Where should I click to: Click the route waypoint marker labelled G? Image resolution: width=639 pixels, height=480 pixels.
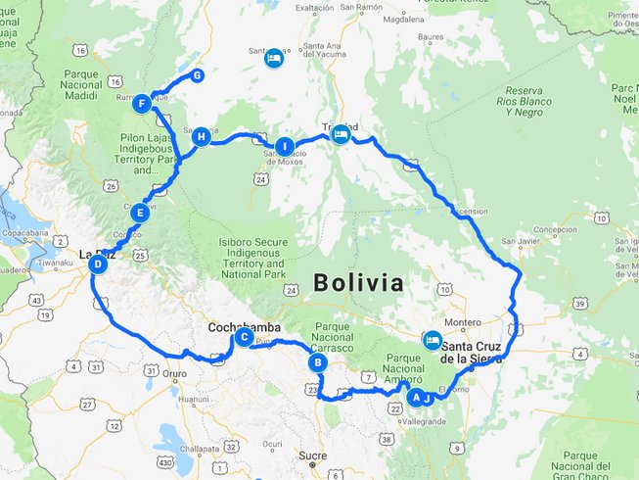pyautogui.click(x=198, y=75)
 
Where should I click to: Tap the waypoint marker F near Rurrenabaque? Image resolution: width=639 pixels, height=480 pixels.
pyautogui.click(x=144, y=102)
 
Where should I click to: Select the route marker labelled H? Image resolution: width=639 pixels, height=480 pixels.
pyautogui.click(x=202, y=136)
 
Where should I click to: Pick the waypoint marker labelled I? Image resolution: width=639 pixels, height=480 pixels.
pyautogui.click(x=285, y=147)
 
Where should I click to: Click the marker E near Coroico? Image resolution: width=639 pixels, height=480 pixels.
pyautogui.click(x=140, y=212)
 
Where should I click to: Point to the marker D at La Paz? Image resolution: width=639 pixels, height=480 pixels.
pyautogui.click(x=97, y=264)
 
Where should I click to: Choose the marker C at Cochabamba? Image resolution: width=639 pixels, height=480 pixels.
pyautogui.click(x=243, y=338)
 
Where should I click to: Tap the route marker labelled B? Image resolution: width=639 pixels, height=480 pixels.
pyautogui.click(x=317, y=362)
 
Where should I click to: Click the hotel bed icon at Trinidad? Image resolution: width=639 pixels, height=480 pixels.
pyautogui.click(x=341, y=135)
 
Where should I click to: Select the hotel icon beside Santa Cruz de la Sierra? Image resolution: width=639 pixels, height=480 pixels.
pyautogui.click(x=431, y=340)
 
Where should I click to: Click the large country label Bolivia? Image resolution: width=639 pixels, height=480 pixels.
pyautogui.click(x=358, y=283)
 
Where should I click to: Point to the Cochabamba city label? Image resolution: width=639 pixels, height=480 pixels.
pyautogui.click(x=244, y=326)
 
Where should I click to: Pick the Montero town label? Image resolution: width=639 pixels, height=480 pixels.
pyautogui.click(x=463, y=321)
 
